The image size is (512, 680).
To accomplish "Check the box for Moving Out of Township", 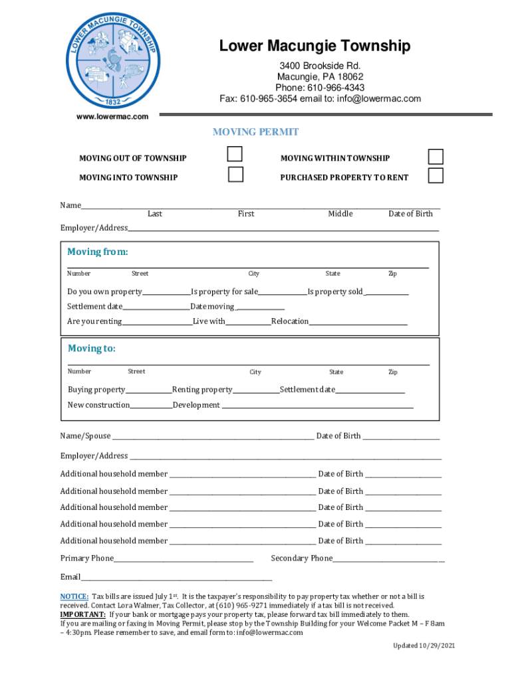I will [x=235, y=154].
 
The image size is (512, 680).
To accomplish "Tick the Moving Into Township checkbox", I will [x=235, y=175].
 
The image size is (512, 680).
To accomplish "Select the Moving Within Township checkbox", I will [x=436, y=156].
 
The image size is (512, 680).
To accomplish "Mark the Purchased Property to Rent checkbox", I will [x=436, y=175].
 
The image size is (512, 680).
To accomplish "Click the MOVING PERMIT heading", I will [x=255, y=132].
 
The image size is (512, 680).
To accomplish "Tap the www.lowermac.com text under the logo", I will [x=112, y=117].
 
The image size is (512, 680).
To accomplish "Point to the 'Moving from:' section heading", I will [x=98, y=252].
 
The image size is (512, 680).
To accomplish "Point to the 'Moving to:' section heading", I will [x=92, y=349].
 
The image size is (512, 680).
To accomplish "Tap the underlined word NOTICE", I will [x=74, y=597].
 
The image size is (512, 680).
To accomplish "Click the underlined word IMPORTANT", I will [x=83, y=615].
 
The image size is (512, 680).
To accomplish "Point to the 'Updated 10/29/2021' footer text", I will [x=424, y=646].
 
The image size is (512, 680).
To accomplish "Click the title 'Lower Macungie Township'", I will [x=315, y=46].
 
